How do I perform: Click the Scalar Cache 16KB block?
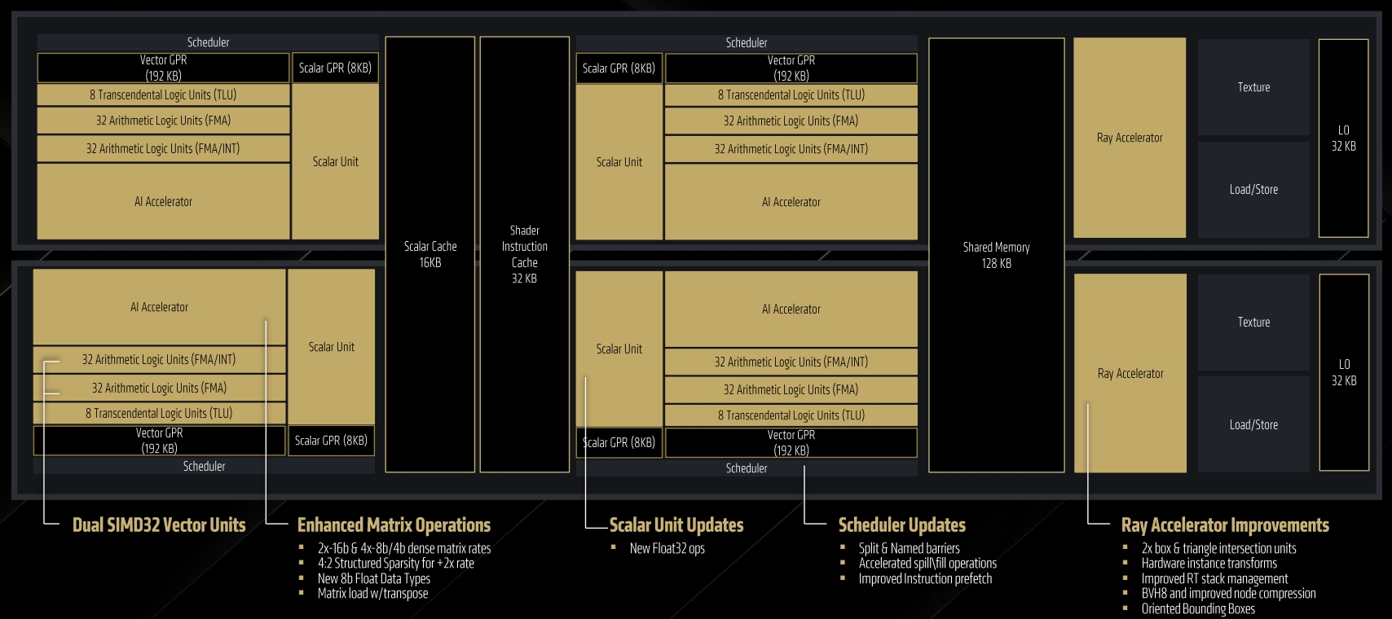point(430,254)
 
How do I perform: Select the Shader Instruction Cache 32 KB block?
point(525,254)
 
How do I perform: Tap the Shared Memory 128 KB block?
point(996,255)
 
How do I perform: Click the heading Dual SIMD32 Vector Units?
point(159,525)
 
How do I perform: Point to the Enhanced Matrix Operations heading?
point(394,525)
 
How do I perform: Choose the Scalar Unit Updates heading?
point(676,525)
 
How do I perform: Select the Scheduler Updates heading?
point(901,525)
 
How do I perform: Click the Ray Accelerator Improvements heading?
point(1225,525)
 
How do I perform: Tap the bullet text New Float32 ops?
point(667,548)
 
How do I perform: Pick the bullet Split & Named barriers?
point(910,548)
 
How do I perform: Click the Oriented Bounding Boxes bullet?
point(1198,609)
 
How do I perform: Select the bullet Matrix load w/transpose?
point(373,594)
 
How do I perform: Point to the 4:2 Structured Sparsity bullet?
point(396,563)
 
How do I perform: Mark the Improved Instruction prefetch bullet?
point(925,578)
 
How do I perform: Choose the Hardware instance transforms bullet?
point(1209,563)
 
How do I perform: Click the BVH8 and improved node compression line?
point(1228,594)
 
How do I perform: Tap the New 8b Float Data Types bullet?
point(374,578)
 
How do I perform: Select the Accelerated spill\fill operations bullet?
point(927,563)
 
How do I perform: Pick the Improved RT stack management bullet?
point(1215,578)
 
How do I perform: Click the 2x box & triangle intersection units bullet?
point(1218,548)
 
